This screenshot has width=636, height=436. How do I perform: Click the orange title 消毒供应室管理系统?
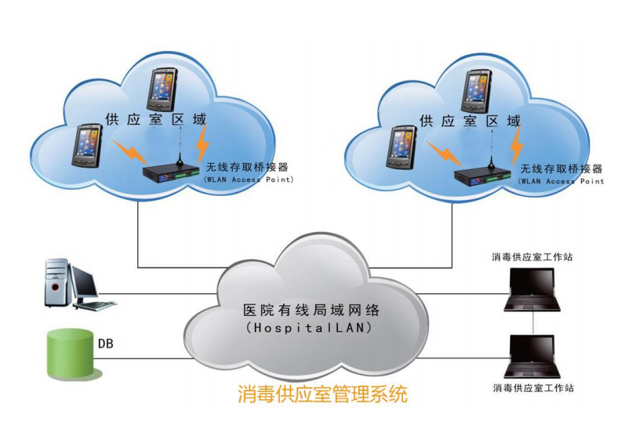(322, 393)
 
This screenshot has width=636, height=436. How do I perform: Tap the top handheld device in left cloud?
(162, 88)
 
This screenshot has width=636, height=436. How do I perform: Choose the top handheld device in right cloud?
(476, 89)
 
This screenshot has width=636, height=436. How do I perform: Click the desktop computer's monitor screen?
(83, 280)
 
